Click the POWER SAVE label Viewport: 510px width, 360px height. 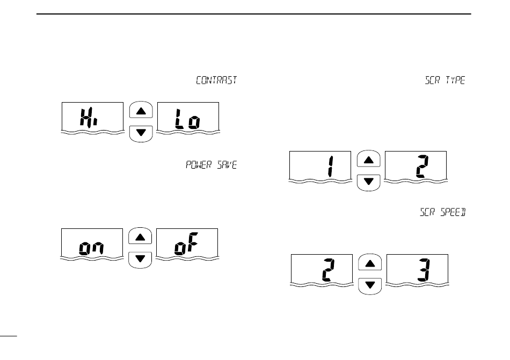(212, 165)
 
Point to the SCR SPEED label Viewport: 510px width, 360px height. (442, 213)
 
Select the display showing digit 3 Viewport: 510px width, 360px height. (417, 269)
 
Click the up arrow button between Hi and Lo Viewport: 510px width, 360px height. (141, 111)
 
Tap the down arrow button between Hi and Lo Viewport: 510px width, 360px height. (141, 132)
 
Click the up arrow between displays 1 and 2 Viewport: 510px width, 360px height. (369, 160)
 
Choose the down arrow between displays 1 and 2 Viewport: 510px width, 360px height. (369, 181)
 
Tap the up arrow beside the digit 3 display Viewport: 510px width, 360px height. (370, 263)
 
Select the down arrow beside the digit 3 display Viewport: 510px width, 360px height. (370, 284)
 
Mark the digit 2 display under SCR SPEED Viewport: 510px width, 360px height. (322, 269)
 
